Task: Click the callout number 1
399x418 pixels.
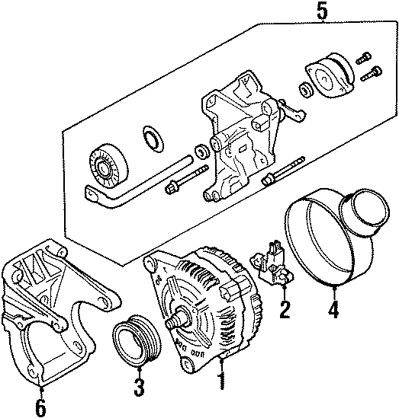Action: [222, 378]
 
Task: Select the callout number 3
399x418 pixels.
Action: [137, 388]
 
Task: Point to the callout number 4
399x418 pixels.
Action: [332, 309]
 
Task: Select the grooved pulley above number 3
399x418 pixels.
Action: [133, 340]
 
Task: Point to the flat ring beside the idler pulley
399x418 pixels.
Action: [153, 139]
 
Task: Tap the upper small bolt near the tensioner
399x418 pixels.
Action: [365, 55]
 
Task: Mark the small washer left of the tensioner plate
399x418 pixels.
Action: [306, 91]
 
